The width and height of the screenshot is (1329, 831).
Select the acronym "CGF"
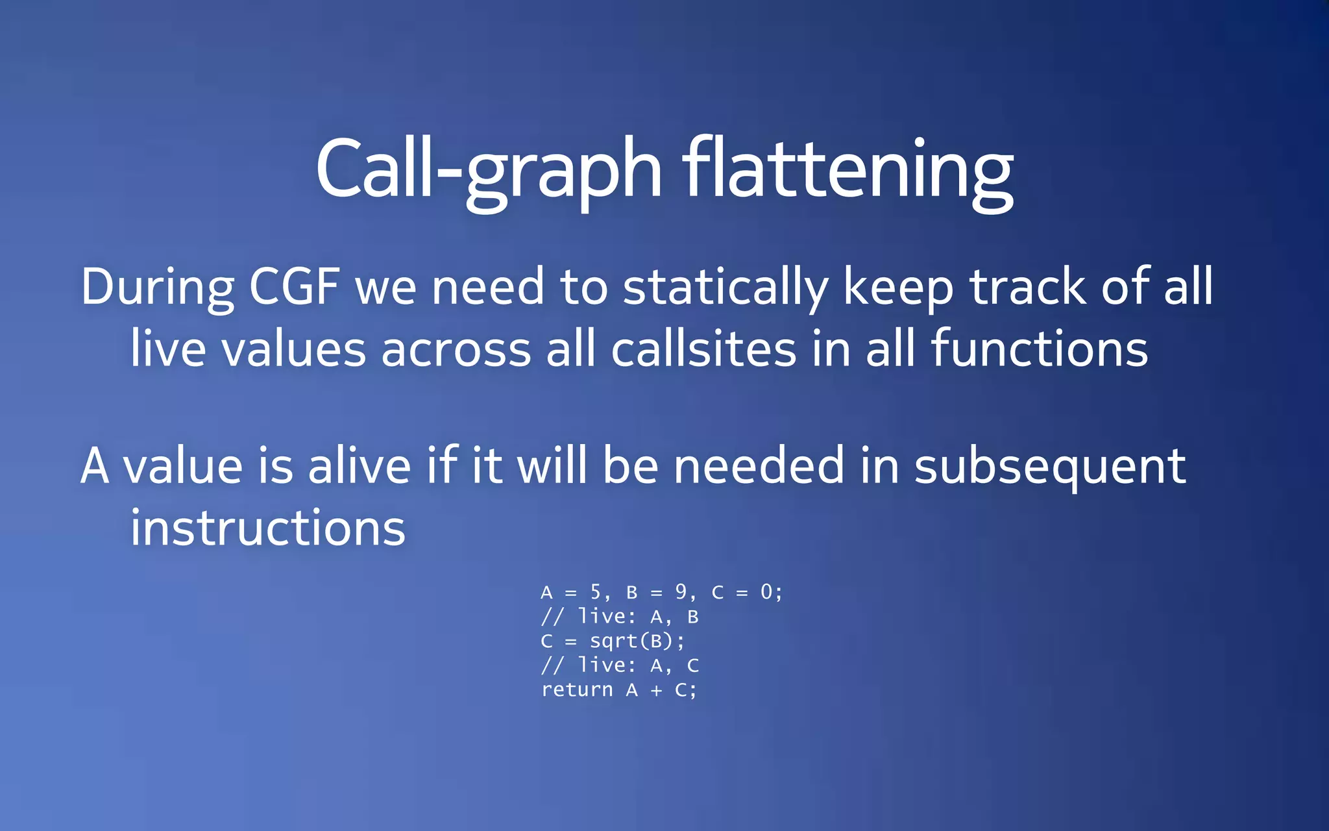pyautogui.click(x=295, y=287)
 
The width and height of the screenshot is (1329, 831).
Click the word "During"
pyautogui.click(x=158, y=287)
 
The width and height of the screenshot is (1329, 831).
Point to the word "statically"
pyautogui.click(x=725, y=287)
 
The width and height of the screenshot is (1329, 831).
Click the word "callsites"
pyautogui.click(x=703, y=349)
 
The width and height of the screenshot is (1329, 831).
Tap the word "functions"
pyautogui.click(x=1040, y=349)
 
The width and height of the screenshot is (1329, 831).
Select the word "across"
pyautogui.click(x=456, y=349)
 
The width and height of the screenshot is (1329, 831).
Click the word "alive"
pyautogui.click(x=359, y=465)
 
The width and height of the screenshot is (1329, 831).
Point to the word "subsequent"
pyautogui.click(x=1050, y=465)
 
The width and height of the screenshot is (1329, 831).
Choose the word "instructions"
pyautogui.click(x=268, y=527)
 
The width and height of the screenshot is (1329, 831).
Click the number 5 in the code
pyautogui.click(x=596, y=592)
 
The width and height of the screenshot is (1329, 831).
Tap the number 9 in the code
pyautogui.click(x=681, y=592)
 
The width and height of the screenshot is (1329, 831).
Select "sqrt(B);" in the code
pyautogui.click(x=637, y=641)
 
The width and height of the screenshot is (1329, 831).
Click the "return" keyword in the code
pyautogui.click(x=577, y=689)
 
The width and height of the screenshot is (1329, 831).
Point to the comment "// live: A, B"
pyautogui.click(x=620, y=617)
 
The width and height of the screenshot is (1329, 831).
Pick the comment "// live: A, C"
pyautogui.click(x=620, y=665)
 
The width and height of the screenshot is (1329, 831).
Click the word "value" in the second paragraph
pyautogui.click(x=182, y=465)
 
